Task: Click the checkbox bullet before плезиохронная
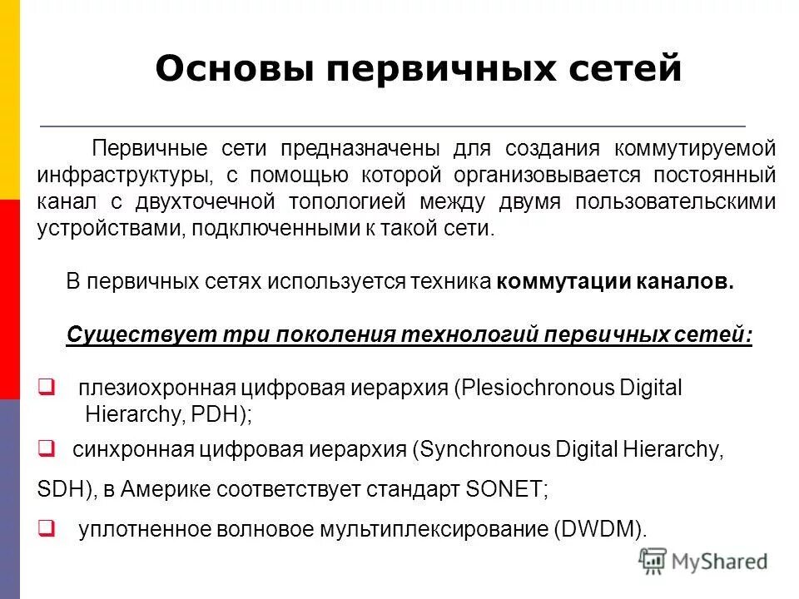coord(47,386)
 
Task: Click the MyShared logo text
coord(721,562)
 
